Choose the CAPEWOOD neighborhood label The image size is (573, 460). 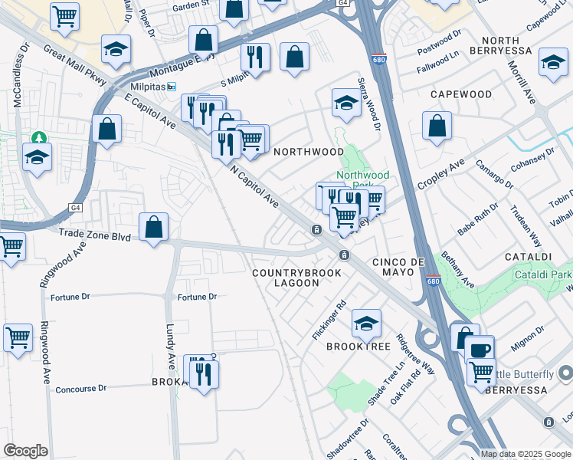[x=460, y=94]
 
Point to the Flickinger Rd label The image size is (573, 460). [x=330, y=321]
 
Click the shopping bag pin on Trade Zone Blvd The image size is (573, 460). [x=154, y=227]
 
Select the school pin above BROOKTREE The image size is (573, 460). [x=366, y=324]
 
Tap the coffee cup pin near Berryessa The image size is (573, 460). [x=480, y=350]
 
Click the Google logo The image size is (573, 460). [x=25, y=451]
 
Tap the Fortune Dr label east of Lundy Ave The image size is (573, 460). [x=197, y=297]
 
